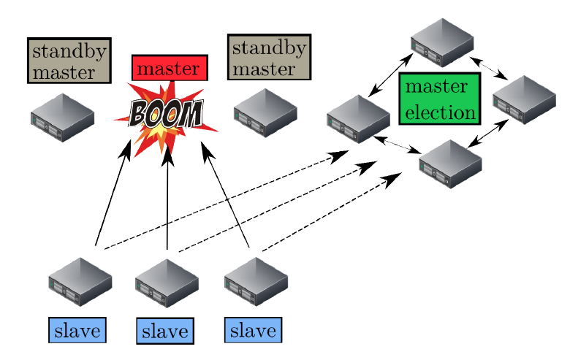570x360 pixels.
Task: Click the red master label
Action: coord(170,68)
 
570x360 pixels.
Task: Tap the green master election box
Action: coord(438,99)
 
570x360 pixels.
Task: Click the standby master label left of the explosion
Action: coord(69,61)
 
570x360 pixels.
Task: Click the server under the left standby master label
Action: coord(62,117)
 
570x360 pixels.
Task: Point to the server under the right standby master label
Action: coord(265,113)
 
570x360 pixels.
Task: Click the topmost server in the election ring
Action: coord(442,42)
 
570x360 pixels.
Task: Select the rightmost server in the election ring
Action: coord(524,99)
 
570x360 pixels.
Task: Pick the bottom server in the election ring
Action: coord(450,164)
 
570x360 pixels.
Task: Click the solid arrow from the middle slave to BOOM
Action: coord(167,197)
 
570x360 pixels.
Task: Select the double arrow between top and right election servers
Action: coord(489,68)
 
